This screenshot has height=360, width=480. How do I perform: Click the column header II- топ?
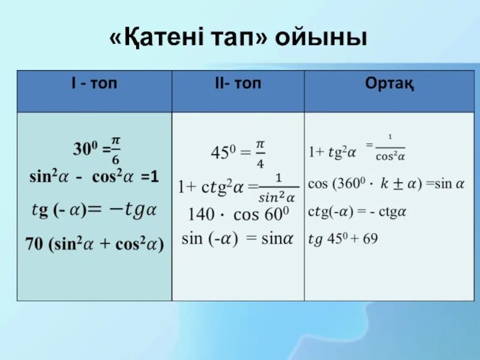[x=238, y=84]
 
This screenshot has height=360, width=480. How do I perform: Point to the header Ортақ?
[x=389, y=84]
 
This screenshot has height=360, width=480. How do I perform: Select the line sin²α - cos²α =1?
[x=94, y=178]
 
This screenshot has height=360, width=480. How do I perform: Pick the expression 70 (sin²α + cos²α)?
[x=94, y=244]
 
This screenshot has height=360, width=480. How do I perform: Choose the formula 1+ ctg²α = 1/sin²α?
[x=238, y=187]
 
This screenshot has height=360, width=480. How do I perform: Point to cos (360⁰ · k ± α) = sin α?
[x=386, y=183]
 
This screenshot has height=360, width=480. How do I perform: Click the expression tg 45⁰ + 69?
[x=343, y=239]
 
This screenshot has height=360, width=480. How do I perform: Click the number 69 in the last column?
[x=370, y=239]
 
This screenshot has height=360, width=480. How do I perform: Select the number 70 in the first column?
[x=34, y=244]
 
